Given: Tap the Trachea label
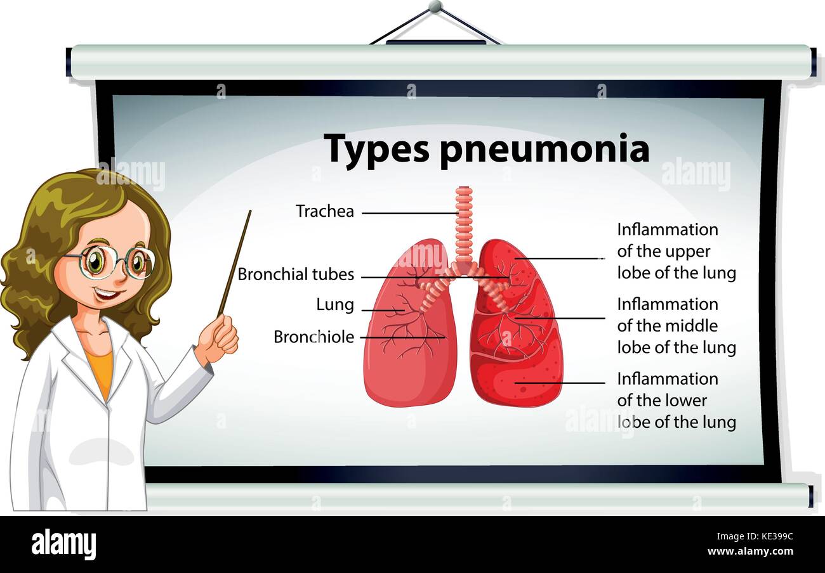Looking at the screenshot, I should [x=325, y=211].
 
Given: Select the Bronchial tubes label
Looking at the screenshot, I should [x=296, y=274].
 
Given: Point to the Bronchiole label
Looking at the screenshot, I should [x=313, y=337].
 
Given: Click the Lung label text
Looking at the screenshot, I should [x=335, y=305].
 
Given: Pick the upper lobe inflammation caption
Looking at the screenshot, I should [x=676, y=251].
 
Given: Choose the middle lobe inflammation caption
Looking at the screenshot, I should [x=676, y=326].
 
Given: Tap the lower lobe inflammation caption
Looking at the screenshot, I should [x=676, y=401].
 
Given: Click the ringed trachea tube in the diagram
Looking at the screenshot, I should [x=464, y=222].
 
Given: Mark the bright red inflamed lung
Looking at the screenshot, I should [x=517, y=355].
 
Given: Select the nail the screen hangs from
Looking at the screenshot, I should [x=435, y=6].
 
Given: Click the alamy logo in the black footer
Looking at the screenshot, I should [x=63, y=544].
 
